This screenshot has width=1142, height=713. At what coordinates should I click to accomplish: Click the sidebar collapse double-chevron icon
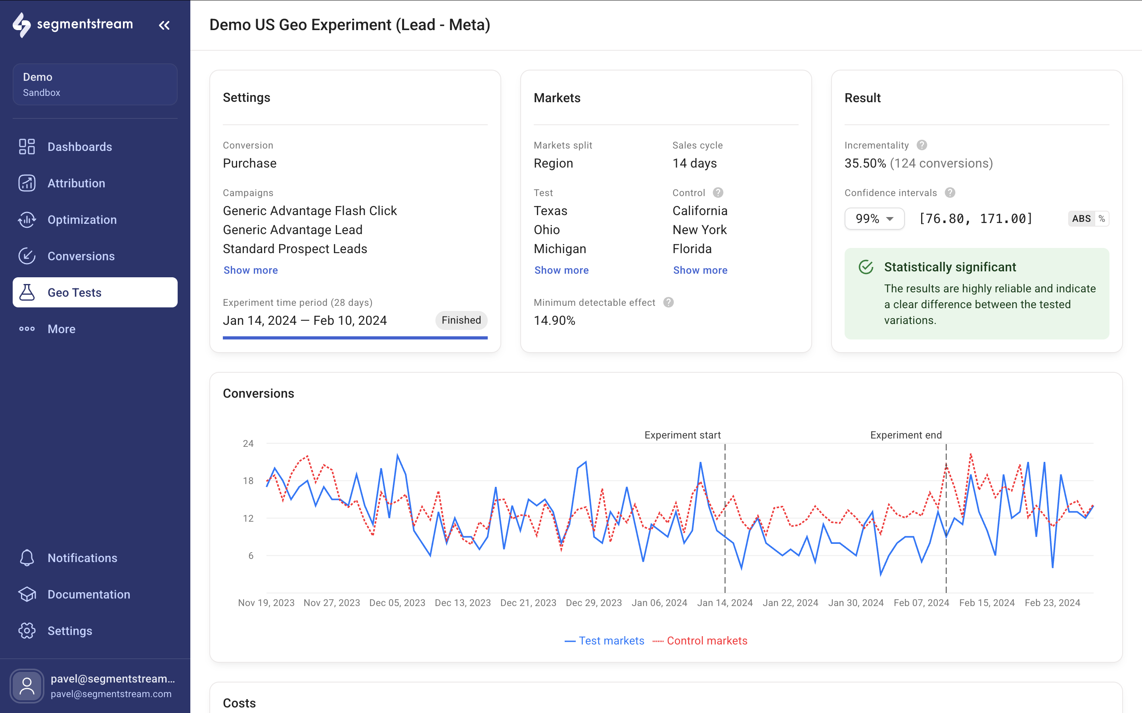(x=164, y=25)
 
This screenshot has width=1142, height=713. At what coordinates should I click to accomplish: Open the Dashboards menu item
(x=79, y=147)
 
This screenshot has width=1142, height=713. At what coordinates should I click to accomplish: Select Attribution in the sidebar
(x=76, y=183)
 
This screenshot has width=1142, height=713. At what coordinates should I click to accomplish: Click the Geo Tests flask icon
(x=27, y=292)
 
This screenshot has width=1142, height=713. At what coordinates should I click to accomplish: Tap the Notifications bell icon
(x=27, y=557)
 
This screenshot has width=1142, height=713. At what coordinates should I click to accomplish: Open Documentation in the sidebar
(x=88, y=594)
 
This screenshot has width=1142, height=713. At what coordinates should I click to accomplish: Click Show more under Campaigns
(x=250, y=270)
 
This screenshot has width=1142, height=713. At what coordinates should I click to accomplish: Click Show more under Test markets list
(x=561, y=270)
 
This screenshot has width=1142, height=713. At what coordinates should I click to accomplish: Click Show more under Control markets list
(x=700, y=270)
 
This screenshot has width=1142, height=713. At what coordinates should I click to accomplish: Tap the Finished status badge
(x=461, y=320)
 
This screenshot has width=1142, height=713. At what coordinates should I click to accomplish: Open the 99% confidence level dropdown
(x=874, y=219)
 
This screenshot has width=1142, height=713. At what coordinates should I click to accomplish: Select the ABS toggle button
(x=1081, y=219)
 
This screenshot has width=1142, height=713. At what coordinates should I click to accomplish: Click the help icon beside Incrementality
(x=922, y=145)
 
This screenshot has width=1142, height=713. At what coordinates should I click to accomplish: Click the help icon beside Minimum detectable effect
(x=668, y=302)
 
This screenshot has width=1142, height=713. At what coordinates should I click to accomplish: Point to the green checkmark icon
(x=866, y=267)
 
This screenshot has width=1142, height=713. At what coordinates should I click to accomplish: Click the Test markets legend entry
(x=604, y=641)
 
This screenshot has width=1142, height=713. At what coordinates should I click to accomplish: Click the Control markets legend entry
(x=700, y=641)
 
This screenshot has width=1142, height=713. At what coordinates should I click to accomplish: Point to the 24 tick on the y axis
(x=248, y=443)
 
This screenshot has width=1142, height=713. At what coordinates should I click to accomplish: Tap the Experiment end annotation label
(x=906, y=435)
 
